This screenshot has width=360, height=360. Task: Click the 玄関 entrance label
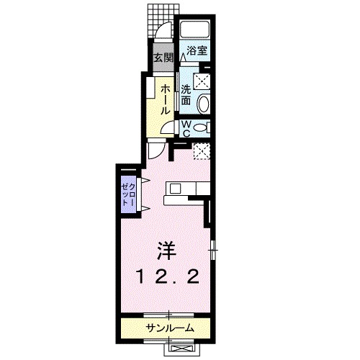(x=162, y=58)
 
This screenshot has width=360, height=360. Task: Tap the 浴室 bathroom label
(x=197, y=50)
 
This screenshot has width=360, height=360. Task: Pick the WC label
(x=185, y=129)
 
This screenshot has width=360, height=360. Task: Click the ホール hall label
(x=165, y=99)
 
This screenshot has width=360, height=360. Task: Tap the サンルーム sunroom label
(x=169, y=328)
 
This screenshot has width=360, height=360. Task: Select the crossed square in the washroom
(x=202, y=80)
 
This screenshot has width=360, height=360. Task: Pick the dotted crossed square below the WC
(x=202, y=151)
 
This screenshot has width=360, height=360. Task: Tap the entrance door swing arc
(x=165, y=33)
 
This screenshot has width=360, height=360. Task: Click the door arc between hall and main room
(x=157, y=151)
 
